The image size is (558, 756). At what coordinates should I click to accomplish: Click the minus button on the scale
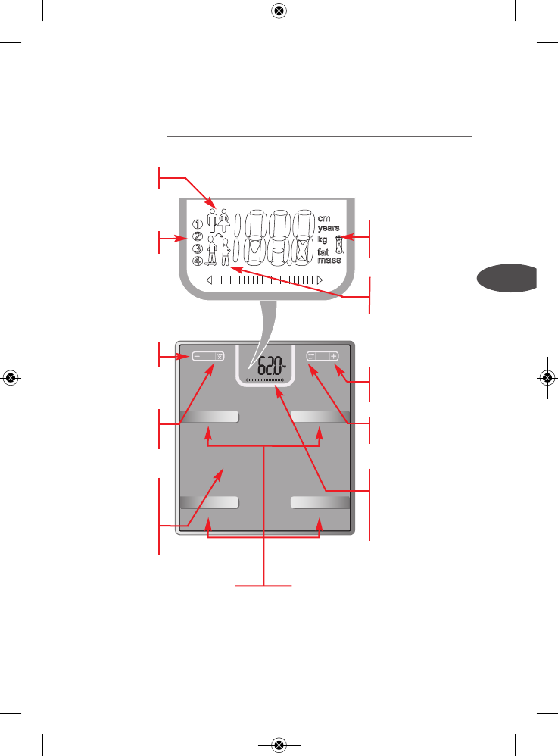click(x=198, y=355)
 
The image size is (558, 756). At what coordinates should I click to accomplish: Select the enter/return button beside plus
click(x=311, y=355)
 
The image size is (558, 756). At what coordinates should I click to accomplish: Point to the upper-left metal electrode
click(x=209, y=416)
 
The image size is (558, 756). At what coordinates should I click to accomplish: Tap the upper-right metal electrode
click(x=320, y=416)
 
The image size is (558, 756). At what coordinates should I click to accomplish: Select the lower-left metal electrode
click(x=209, y=501)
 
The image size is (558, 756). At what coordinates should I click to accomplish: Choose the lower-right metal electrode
click(x=320, y=501)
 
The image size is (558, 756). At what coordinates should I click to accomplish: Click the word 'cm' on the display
click(x=324, y=217)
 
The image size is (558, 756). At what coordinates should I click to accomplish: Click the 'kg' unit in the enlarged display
click(x=323, y=239)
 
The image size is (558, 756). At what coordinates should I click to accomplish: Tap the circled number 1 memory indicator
click(x=197, y=224)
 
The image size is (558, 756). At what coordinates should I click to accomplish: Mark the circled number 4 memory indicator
click(x=197, y=261)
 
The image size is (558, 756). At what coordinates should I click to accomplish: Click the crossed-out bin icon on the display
click(x=340, y=242)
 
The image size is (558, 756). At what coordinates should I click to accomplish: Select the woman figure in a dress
click(x=224, y=218)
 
